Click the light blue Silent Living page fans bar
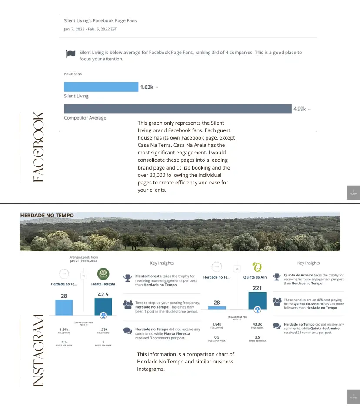tap(101, 87)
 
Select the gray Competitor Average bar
tap(177, 109)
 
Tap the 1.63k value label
tap(147, 87)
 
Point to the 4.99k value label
tap(300, 109)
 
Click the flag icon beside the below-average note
tap(70, 54)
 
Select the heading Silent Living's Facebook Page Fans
tap(100, 20)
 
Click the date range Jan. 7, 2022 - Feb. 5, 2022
tap(90, 29)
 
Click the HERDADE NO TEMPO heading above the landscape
tap(47, 215)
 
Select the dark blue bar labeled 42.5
tap(103, 306)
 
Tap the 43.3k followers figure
tap(257, 324)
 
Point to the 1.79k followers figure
tap(103, 330)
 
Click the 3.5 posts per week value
tap(257, 337)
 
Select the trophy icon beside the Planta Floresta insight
tap(127, 278)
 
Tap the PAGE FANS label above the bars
tap(73, 74)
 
